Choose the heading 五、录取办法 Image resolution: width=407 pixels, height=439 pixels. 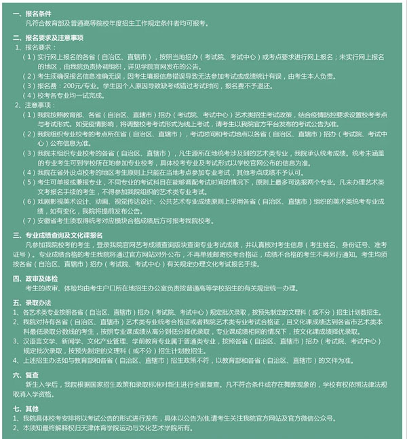click(x=32, y=303)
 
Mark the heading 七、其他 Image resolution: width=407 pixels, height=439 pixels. click(x=28, y=409)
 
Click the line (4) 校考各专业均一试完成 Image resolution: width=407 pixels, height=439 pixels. click(x=67, y=96)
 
